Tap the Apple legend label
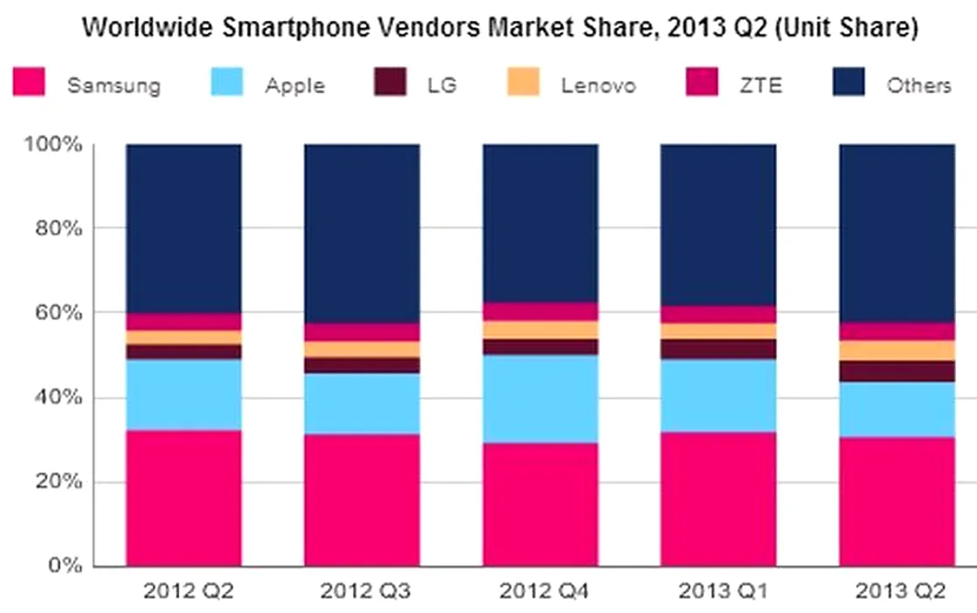(x=296, y=86)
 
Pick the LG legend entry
(x=442, y=86)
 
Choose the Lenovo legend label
(x=598, y=86)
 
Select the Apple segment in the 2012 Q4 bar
(x=540, y=398)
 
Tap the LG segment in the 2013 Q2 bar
(x=896, y=371)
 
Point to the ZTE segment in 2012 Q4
(x=540, y=312)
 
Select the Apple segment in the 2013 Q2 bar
(x=896, y=409)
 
